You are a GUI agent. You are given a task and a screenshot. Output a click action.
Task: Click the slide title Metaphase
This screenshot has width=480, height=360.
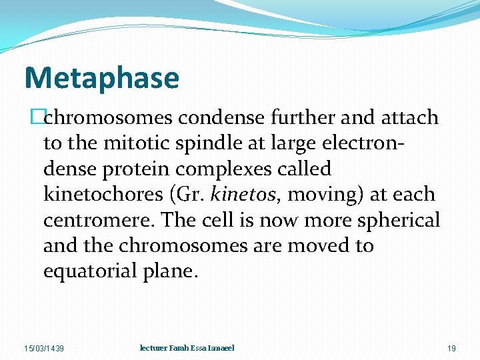[102, 77]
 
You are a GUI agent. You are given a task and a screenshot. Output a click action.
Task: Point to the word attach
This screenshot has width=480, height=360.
[409, 118]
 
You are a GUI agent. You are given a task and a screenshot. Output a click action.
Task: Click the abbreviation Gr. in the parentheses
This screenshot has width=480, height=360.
[189, 194]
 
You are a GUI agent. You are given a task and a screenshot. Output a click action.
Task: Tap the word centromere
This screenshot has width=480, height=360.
[88, 220]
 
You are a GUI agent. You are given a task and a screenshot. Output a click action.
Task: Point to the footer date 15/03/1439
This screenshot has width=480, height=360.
[45, 349]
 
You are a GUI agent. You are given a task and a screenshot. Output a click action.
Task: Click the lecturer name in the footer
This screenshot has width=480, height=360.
[187, 348]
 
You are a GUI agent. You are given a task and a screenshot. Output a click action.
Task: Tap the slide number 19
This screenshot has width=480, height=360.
[451, 349]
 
